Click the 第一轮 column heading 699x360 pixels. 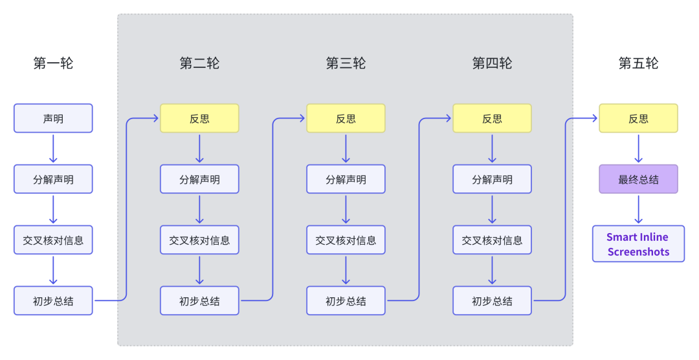point(53,63)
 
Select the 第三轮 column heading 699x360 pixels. point(346,63)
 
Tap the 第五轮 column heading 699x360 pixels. point(638,63)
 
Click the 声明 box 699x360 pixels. point(53,118)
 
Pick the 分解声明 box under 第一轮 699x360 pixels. point(53,179)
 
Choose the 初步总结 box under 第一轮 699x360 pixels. point(53,300)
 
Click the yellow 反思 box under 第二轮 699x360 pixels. point(199,118)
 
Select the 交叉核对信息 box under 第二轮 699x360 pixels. point(199,240)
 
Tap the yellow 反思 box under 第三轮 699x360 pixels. point(346,118)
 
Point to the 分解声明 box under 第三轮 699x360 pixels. point(346,179)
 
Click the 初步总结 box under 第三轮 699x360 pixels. point(346,300)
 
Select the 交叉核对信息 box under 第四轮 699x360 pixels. point(492,240)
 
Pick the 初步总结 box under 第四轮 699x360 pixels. point(492,300)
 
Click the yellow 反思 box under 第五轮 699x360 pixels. point(638,118)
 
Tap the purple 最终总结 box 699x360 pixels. point(638,179)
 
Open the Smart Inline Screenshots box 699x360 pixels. point(638,243)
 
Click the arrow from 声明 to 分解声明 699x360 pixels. point(53,148)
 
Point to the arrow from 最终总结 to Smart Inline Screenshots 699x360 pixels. point(638,209)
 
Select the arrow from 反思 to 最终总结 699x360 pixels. point(638,148)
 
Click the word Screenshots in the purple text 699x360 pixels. point(638,252)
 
